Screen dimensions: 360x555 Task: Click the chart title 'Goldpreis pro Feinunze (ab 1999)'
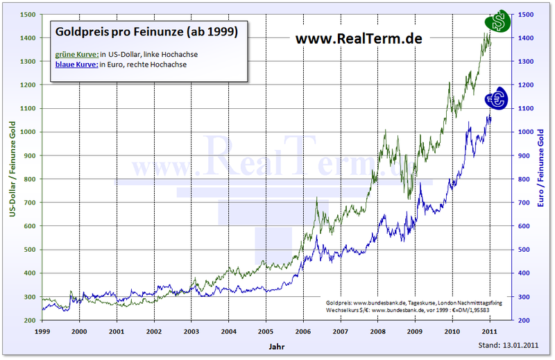coord(145,33)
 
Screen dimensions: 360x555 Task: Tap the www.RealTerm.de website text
coord(359,38)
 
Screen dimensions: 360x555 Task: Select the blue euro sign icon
coord(497,100)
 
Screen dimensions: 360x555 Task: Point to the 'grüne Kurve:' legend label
coord(76,55)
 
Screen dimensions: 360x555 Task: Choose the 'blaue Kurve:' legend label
coord(76,65)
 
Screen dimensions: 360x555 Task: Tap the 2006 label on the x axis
coord(302,332)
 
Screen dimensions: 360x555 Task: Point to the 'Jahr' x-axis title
coord(276,345)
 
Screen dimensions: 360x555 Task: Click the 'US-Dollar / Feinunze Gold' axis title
coord(12,167)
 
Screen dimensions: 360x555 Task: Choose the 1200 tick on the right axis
coord(525,85)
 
